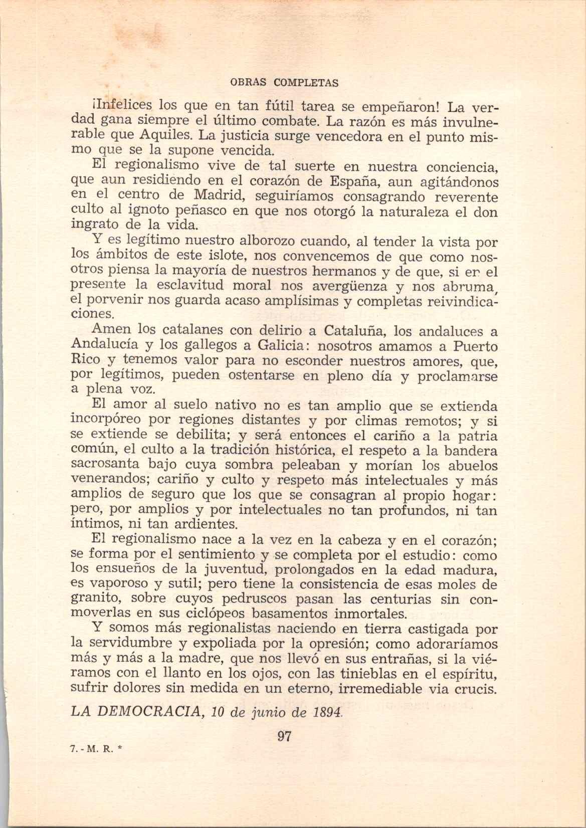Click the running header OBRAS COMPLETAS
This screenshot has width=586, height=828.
pyautogui.click(x=284, y=83)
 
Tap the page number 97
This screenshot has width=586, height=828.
pyautogui.click(x=284, y=736)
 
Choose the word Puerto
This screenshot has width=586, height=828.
pyautogui.click(x=475, y=347)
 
